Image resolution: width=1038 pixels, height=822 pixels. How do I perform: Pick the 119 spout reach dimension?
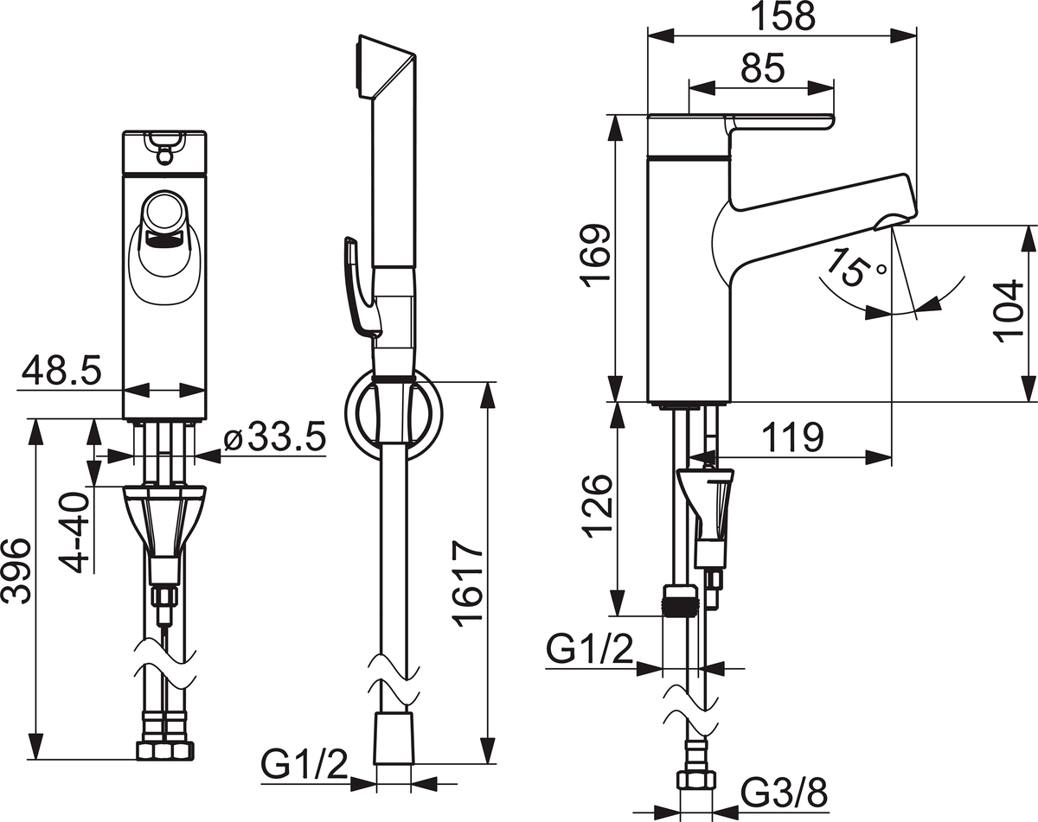(x=791, y=437)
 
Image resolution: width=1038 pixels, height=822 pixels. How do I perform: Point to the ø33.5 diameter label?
(x=274, y=439)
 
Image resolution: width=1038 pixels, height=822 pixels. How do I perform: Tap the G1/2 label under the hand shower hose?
(x=304, y=765)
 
